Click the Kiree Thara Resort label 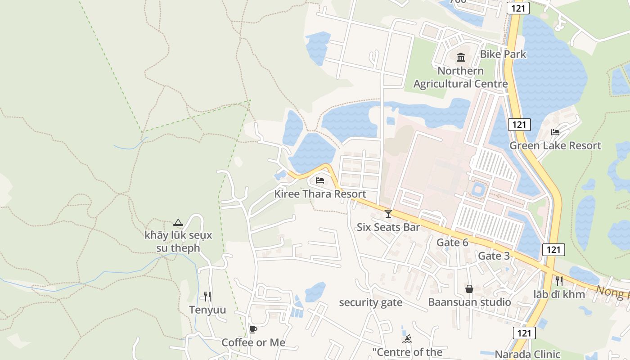click(320, 194)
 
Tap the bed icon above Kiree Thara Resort click(320, 180)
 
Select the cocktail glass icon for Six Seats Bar click(388, 213)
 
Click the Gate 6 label click(452, 243)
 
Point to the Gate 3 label click(494, 256)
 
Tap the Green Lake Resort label click(555, 145)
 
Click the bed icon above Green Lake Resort click(555, 132)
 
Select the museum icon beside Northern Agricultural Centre click(461, 57)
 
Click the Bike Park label click(503, 54)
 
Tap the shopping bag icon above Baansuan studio click(469, 288)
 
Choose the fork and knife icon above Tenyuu click(207, 296)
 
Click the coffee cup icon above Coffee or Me click(253, 329)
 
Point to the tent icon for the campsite click(178, 222)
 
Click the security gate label click(370, 302)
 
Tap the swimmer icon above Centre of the click(407, 339)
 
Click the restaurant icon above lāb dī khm click(559, 281)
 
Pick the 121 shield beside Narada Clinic click(524, 333)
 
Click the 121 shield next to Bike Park click(518, 8)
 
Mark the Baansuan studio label click(469, 302)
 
